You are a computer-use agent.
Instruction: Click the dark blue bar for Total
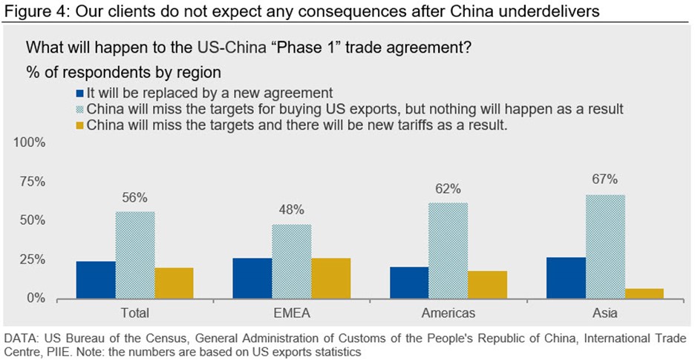pos(97,280)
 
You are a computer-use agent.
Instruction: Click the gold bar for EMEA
pos(330,278)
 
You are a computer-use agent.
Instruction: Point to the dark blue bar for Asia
pos(566,278)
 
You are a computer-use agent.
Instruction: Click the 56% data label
pos(135,197)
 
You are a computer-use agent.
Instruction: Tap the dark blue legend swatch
pos(80,94)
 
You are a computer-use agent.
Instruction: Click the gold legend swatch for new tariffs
pos(80,125)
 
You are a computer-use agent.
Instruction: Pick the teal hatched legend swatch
pos(80,109)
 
